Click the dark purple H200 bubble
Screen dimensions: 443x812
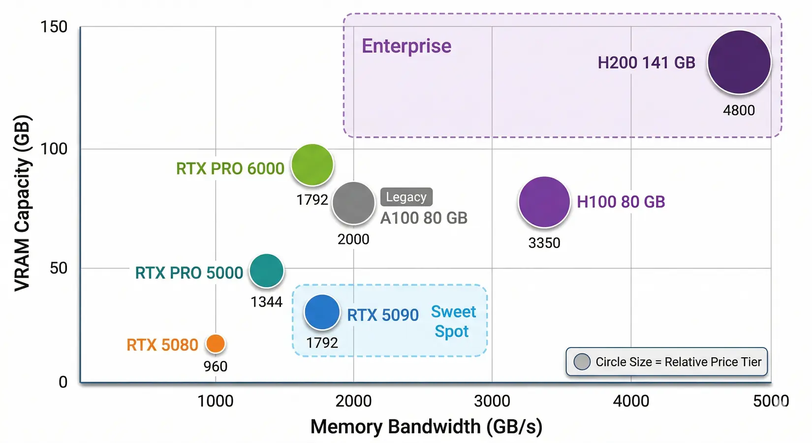(x=739, y=62)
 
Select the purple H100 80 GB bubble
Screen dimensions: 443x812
(x=544, y=202)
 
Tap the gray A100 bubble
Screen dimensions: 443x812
(x=353, y=203)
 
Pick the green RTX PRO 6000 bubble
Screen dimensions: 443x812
(x=312, y=165)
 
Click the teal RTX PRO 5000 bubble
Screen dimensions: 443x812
(x=266, y=270)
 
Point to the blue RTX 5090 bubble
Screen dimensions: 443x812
(x=322, y=312)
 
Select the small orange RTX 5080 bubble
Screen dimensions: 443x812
(x=215, y=344)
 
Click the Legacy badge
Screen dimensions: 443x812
(x=406, y=197)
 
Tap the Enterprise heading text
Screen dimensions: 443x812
(x=406, y=46)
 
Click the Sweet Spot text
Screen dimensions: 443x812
(x=453, y=321)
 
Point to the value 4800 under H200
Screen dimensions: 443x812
(x=739, y=110)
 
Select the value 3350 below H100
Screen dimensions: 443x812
(x=544, y=243)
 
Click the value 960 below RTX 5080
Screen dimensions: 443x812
(x=215, y=366)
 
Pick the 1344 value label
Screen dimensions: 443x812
(x=266, y=302)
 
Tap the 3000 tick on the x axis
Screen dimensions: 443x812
(x=492, y=401)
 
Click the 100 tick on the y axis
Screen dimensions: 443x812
(x=54, y=148)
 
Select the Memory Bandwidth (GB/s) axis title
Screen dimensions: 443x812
(x=426, y=427)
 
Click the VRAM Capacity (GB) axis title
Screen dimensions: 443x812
(x=22, y=203)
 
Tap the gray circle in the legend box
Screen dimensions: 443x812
(x=582, y=362)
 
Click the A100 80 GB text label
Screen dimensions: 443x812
(x=424, y=218)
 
